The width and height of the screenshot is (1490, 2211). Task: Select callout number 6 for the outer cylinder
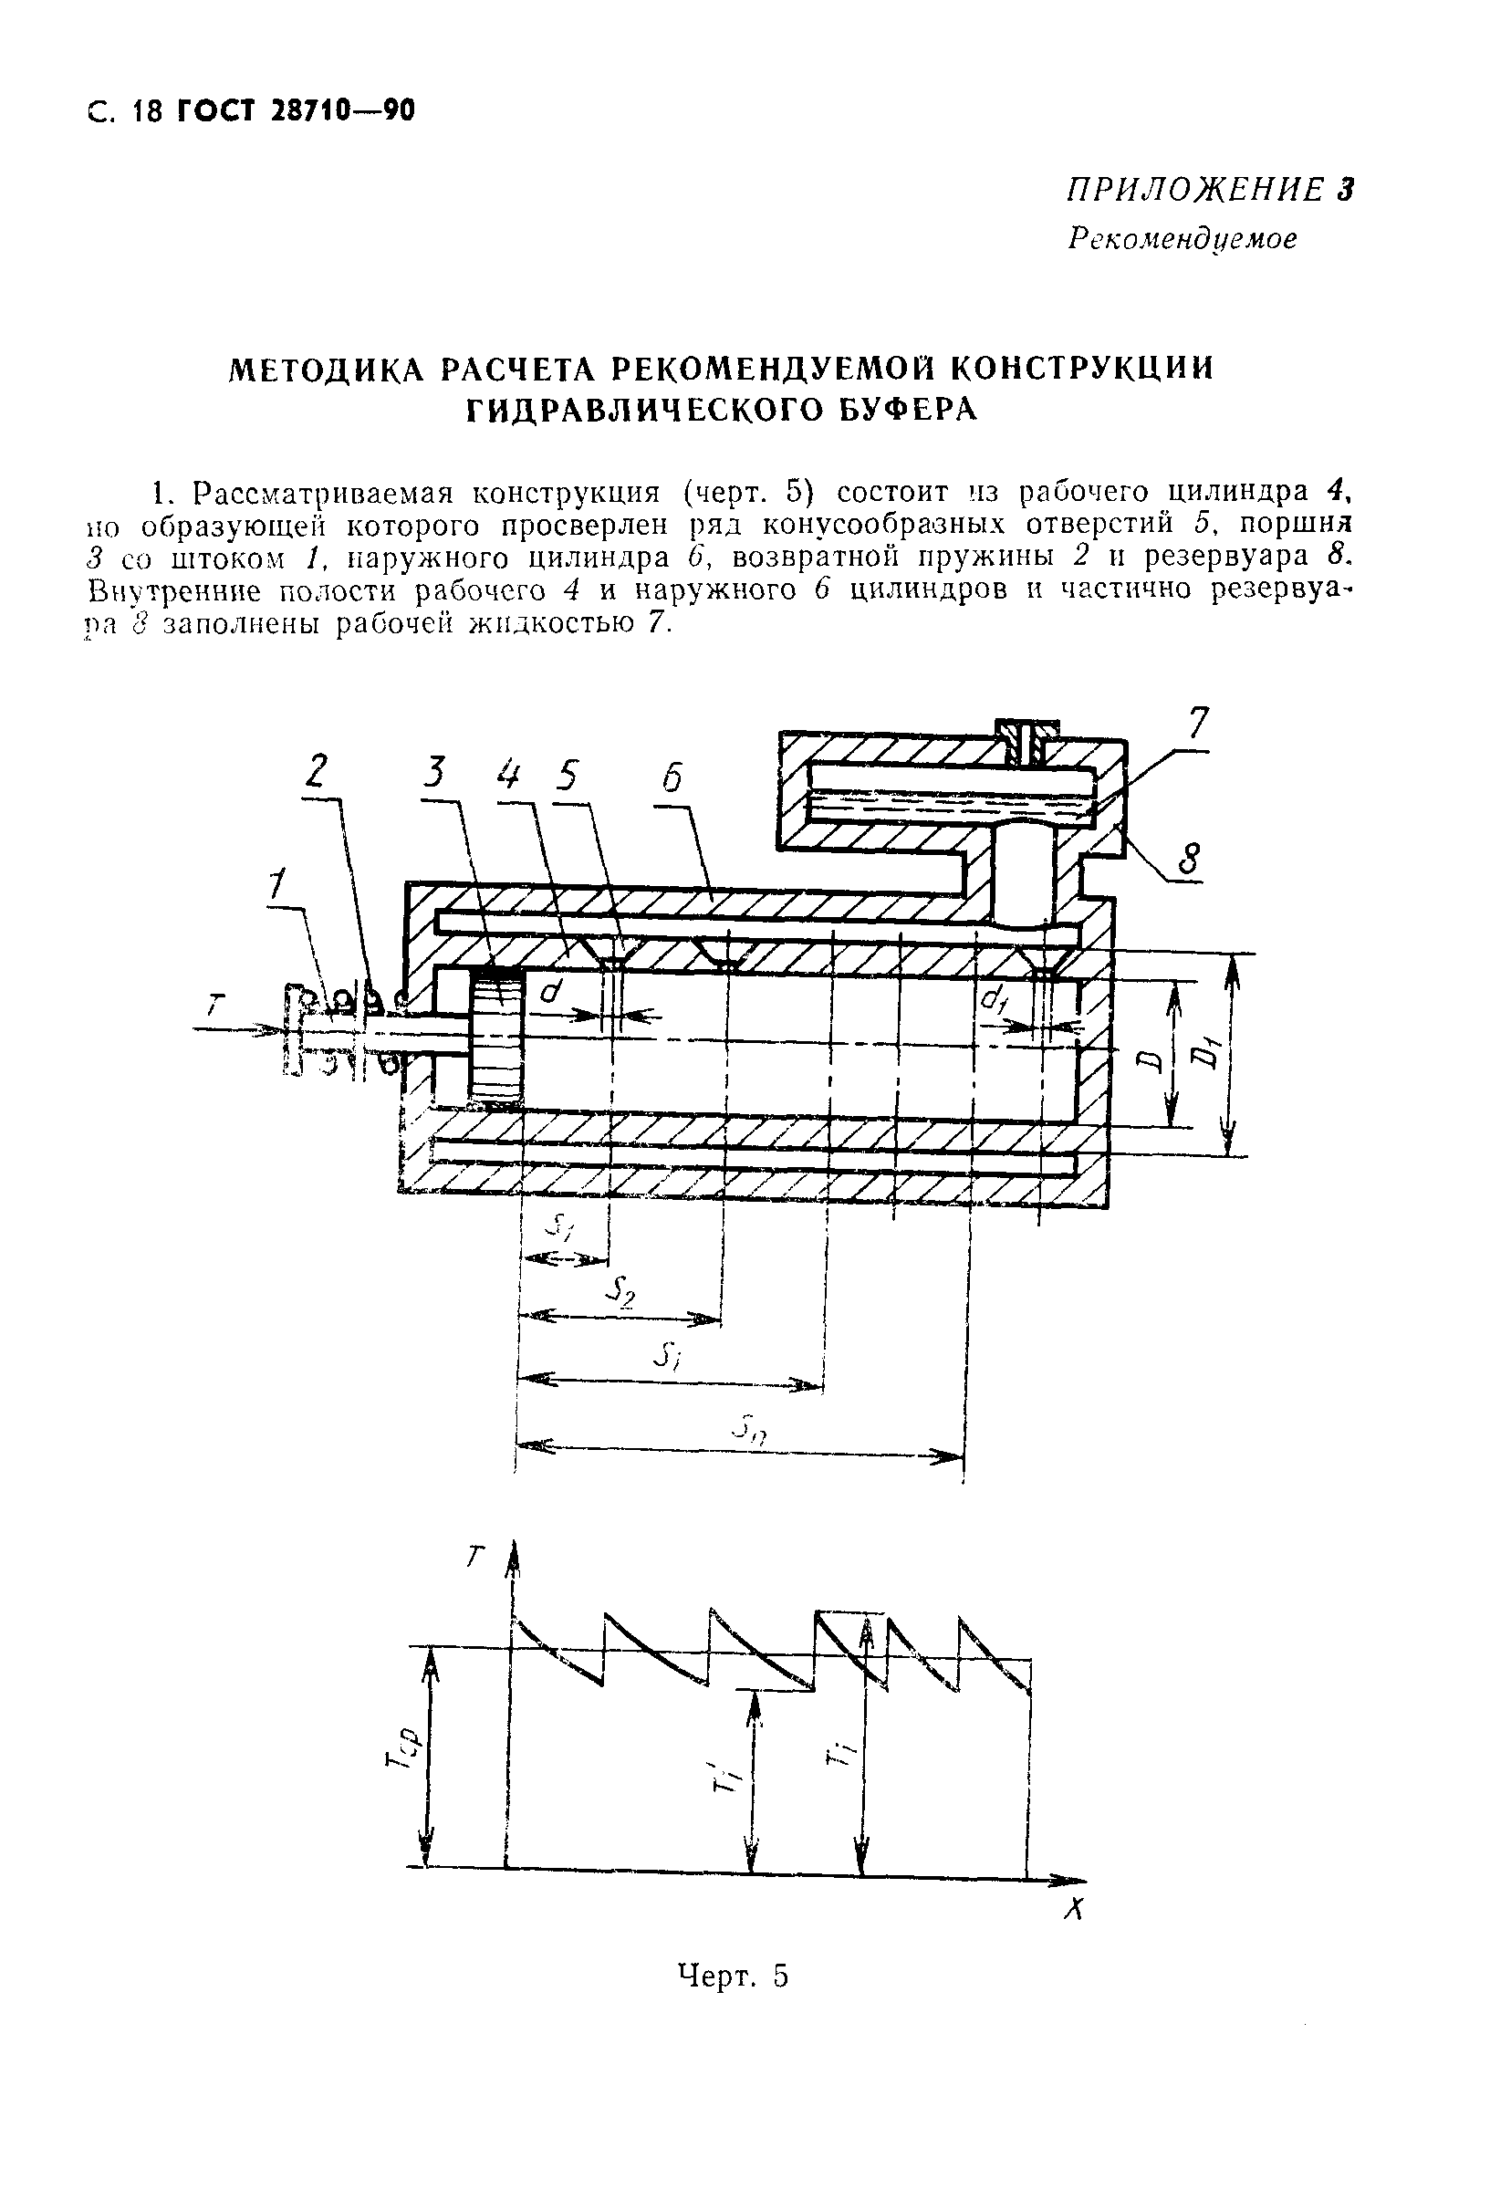pos(671,778)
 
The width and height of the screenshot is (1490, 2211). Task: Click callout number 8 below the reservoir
pos(1188,860)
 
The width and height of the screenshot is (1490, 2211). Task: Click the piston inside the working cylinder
pos(497,1038)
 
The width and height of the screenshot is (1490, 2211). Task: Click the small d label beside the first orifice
pos(548,991)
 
